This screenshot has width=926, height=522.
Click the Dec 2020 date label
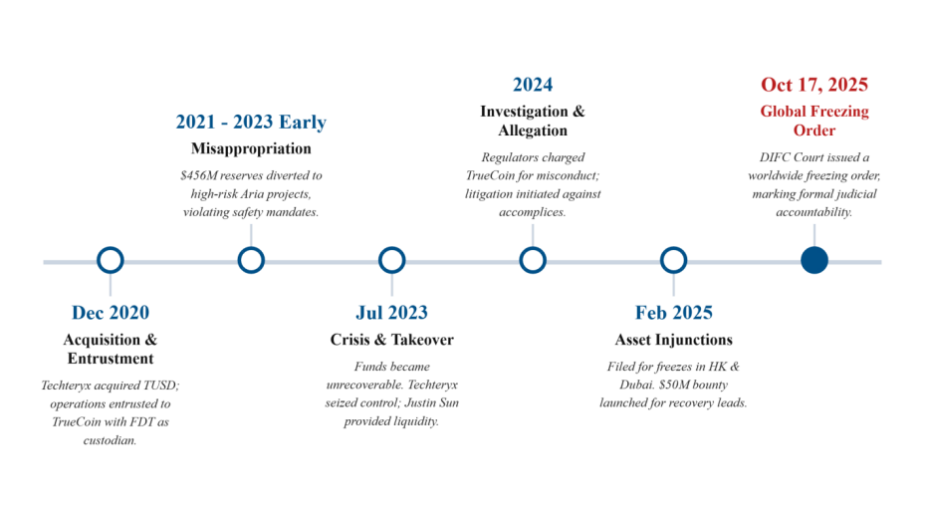111,312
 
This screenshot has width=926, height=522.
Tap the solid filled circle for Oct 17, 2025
814,260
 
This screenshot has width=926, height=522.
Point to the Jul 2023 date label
391,312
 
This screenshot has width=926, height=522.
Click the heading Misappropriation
251,148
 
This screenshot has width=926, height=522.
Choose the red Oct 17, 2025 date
814,85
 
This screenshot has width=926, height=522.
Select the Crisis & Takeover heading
391,340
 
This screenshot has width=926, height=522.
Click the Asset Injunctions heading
673,340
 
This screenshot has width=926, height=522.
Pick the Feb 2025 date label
674,312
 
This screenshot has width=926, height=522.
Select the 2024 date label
533,85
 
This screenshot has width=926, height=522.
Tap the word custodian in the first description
110,440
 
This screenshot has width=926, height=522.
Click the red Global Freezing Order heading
814,121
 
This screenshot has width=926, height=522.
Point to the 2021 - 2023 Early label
251,122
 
